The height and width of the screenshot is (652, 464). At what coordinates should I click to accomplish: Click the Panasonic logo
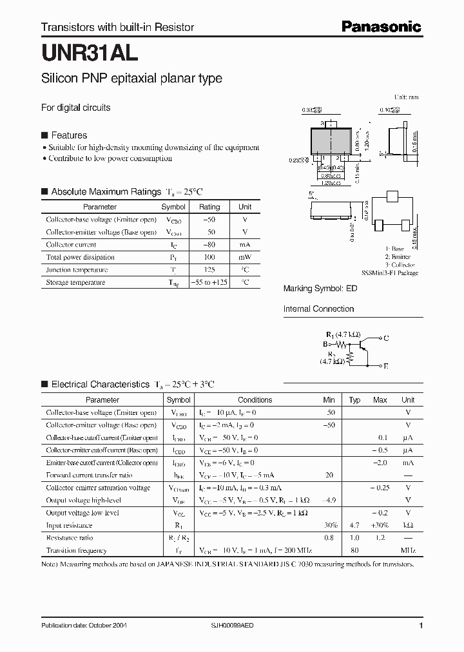(x=381, y=26)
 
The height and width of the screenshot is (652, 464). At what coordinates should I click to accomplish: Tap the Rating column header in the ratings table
(x=209, y=207)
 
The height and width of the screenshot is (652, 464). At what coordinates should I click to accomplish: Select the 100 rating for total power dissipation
(x=209, y=257)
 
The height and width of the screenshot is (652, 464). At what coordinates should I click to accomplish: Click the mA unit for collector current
(x=245, y=245)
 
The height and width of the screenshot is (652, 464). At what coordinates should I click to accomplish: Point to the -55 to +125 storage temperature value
(x=209, y=282)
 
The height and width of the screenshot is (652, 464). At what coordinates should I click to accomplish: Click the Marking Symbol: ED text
(x=320, y=289)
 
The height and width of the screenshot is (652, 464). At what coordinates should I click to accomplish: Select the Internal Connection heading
(x=319, y=309)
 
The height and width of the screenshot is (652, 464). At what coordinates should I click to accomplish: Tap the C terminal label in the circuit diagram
(x=385, y=338)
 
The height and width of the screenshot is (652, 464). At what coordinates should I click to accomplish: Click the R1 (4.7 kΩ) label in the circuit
(x=343, y=334)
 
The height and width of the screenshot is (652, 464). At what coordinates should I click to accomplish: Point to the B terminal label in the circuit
(x=325, y=345)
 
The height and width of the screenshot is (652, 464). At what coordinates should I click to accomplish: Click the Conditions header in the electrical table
(x=255, y=400)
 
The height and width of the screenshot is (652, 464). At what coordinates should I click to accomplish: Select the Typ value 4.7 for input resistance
(x=354, y=526)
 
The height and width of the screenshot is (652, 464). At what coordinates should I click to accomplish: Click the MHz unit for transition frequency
(x=408, y=551)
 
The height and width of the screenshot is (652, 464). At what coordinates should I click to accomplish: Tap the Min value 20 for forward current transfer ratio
(x=329, y=475)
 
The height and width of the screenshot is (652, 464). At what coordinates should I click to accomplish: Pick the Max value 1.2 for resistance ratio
(x=380, y=538)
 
